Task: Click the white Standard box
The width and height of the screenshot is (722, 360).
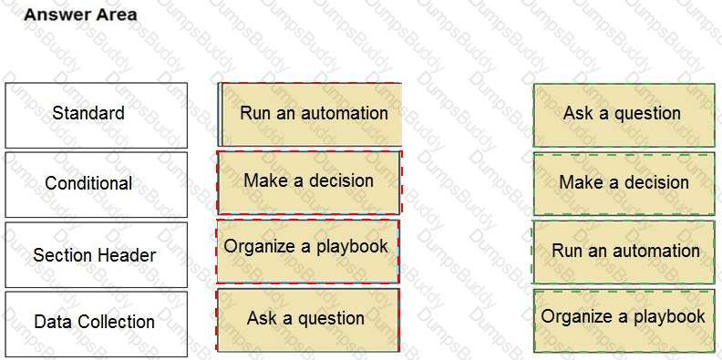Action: coord(96,115)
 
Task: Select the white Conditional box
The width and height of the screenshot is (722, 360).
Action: coord(96,184)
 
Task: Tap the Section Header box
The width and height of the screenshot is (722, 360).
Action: coord(96,255)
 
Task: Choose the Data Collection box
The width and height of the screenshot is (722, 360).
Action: coord(96,323)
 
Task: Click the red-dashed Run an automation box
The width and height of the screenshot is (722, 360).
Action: coord(310,114)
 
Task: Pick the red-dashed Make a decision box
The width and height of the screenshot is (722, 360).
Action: coord(308,181)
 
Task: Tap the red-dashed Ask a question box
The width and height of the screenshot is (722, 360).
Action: coord(307,319)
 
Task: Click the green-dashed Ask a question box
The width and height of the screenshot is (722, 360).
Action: coord(624,114)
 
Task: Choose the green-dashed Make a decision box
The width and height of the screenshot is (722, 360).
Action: coord(624,183)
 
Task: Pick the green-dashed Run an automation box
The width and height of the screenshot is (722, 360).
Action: coord(624,252)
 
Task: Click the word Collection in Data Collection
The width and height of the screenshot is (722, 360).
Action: coord(114,323)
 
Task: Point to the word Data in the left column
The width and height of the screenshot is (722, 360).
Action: coord(50,323)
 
